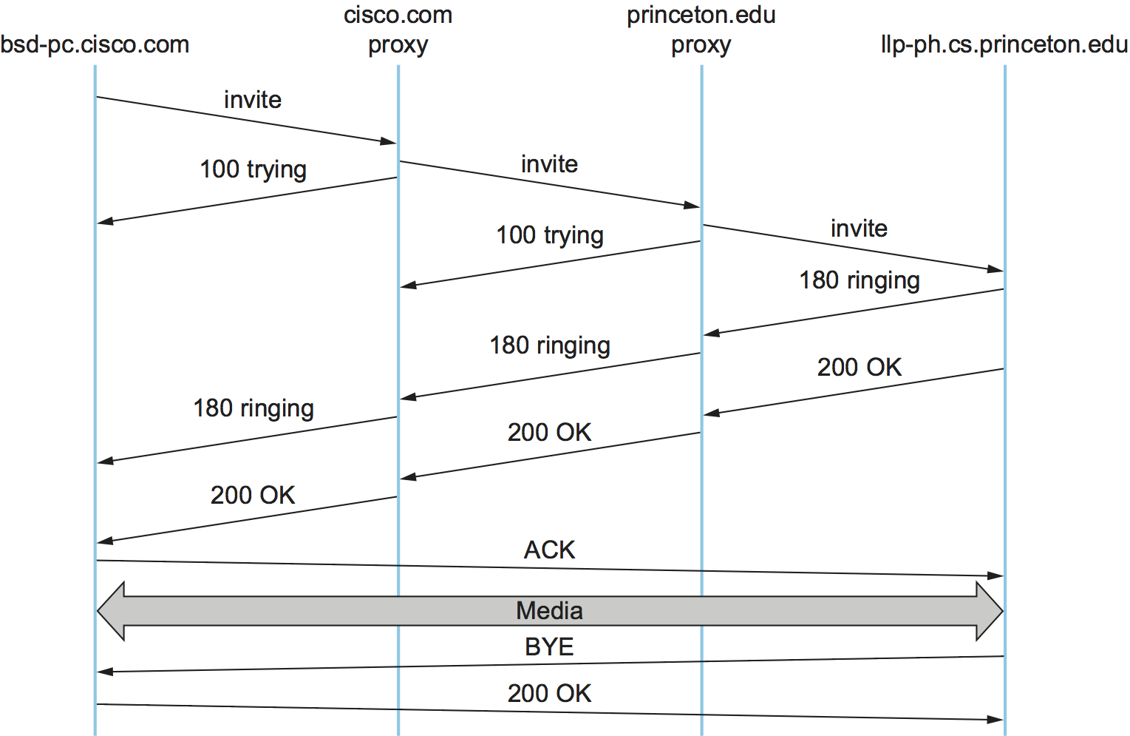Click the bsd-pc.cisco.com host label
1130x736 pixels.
point(95,45)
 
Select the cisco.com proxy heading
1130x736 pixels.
point(398,30)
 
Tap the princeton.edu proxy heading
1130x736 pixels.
point(701,30)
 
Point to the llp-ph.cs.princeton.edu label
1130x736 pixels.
point(1004,45)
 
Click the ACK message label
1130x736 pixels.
point(549,550)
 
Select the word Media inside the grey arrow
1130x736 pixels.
point(549,611)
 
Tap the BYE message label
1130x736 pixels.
point(549,647)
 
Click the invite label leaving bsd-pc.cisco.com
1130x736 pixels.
point(253,100)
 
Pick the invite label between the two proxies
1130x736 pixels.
point(549,164)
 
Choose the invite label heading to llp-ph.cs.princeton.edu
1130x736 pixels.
point(859,229)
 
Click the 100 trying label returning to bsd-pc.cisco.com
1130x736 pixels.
point(253,169)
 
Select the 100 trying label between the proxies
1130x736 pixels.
point(549,235)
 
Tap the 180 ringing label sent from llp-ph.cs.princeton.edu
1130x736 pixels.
point(859,280)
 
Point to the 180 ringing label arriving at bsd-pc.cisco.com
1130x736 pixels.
point(253,408)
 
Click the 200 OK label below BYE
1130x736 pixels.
point(549,694)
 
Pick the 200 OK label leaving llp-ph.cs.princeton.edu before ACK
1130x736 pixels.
point(859,368)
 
